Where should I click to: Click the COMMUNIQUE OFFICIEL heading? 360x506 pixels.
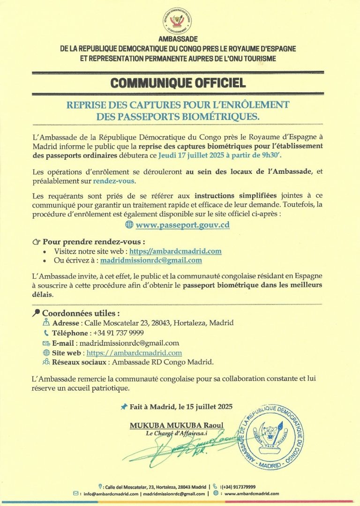tap(179, 83)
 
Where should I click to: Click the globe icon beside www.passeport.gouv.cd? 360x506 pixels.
tap(129, 225)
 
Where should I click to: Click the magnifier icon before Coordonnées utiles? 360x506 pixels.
tap(37, 313)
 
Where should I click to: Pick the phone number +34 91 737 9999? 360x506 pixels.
tap(118, 333)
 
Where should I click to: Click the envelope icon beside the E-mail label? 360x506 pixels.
tap(46, 343)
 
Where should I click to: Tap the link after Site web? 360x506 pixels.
tap(134, 353)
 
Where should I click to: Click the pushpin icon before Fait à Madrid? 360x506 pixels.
tap(124, 407)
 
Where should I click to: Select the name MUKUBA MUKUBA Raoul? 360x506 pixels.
tap(176, 425)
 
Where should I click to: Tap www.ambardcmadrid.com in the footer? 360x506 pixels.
tap(252, 493)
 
